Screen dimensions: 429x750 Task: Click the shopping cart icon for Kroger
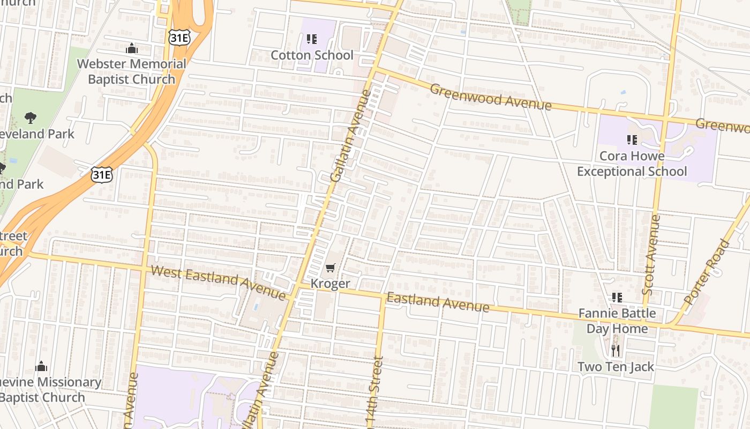pos(331,268)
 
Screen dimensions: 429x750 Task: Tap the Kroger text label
pos(331,284)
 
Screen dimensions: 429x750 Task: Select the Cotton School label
pos(312,55)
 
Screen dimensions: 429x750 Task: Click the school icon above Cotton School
pos(312,39)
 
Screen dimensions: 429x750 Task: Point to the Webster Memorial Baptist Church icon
pos(132,49)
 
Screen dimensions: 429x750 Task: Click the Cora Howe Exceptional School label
pos(632,164)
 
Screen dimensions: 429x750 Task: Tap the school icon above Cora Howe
pos(632,140)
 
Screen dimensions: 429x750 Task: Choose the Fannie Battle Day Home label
pos(617,321)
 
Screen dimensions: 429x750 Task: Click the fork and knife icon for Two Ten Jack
pos(616,351)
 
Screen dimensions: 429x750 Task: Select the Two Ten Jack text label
pos(616,367)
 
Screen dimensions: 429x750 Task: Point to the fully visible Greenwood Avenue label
pos(490,97)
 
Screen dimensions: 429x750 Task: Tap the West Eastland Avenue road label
pos(218,283)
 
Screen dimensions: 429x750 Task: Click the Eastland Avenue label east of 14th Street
pos(438,302)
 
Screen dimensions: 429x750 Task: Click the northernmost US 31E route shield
pos(178,37)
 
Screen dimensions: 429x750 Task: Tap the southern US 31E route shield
pos(101,174)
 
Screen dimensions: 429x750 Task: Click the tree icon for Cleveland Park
pos(31,117)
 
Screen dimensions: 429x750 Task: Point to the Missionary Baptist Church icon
pos(41,367)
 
